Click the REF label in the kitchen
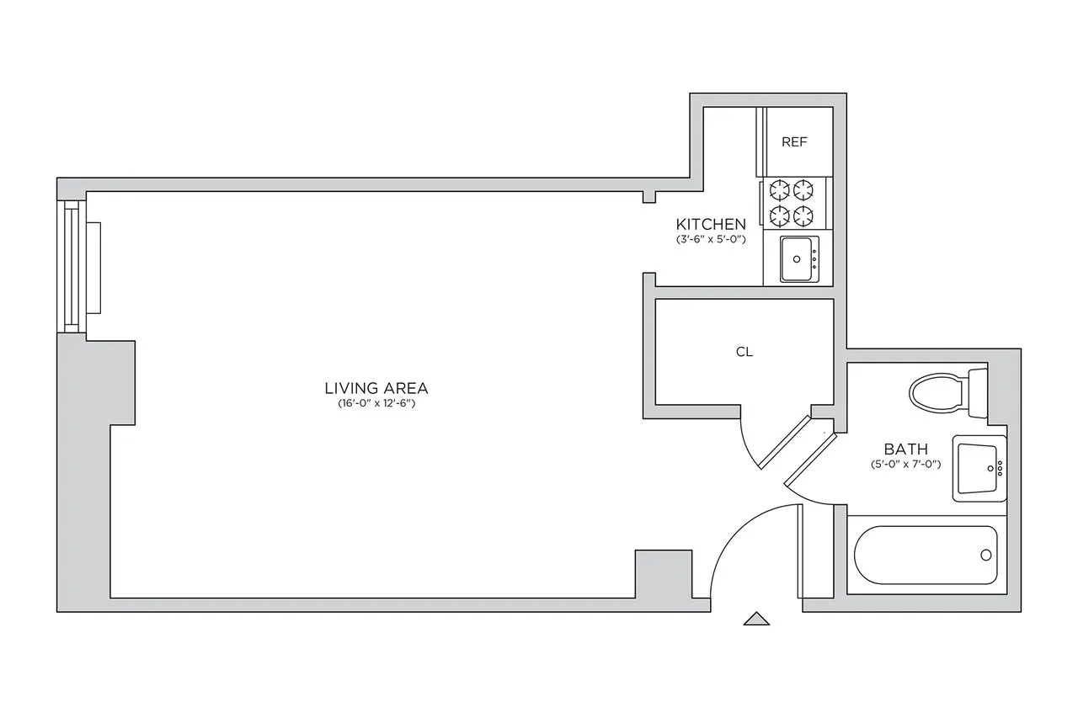[794, 142]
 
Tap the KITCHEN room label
[711, 224]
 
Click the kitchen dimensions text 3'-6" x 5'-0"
[711, 239]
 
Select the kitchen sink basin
[797, 258]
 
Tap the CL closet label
[744, 353]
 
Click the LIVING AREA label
[376, 388]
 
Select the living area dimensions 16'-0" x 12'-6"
[376, 404]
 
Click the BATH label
[905, 449]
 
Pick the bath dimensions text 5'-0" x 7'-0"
[905, 465]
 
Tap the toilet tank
[978, 389]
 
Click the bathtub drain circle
[985, 556]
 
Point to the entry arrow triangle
[756, 619]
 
